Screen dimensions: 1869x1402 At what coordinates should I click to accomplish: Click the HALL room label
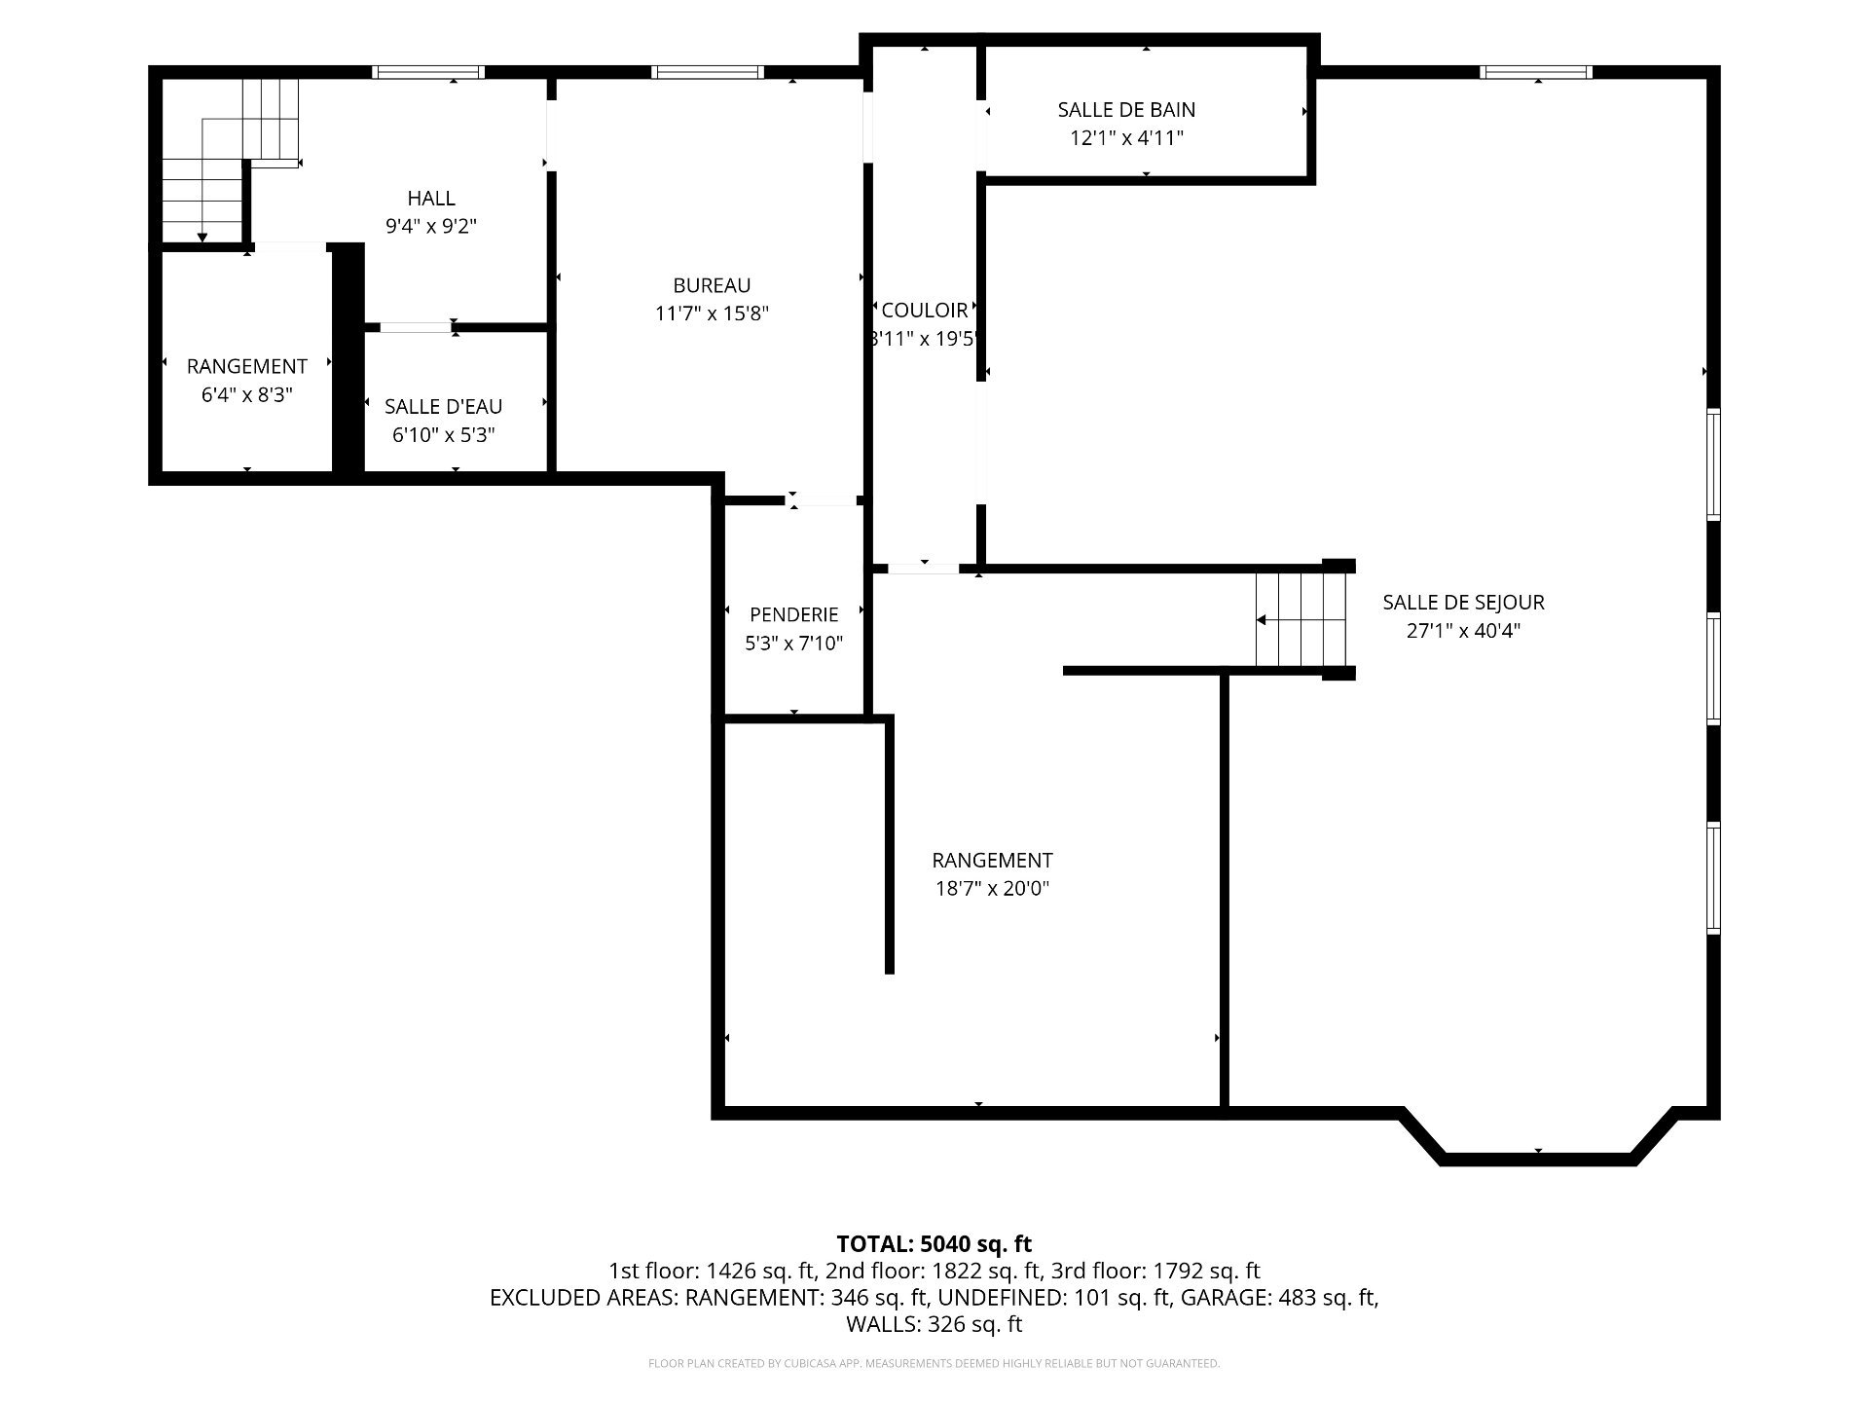tap(431, 198)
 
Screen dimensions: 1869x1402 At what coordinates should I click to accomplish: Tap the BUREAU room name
tap(712, 285)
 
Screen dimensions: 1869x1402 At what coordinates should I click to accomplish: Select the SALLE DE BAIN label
tap(1126, 110)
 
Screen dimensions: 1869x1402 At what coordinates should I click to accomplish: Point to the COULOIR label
tap(925, 310)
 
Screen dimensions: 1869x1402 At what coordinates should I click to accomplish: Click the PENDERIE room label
tap(793, 614)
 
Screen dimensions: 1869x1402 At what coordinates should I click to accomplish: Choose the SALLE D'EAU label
tap(443, 406)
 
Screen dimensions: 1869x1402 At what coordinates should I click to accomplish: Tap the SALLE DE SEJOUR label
tap(1463, 603)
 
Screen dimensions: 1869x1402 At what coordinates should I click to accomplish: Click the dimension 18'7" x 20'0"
tap(992, 888)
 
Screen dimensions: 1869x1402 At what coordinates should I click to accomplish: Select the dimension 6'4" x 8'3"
tap(247, 394)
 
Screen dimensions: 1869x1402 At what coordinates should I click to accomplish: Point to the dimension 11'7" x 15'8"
tap(712, 314)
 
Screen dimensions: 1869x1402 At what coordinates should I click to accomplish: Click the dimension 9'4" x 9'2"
tap(431, 226)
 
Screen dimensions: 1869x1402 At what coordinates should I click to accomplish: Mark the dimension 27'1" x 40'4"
tap(1463, 631)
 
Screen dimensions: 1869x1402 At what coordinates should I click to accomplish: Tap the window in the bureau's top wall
tap(708, 72)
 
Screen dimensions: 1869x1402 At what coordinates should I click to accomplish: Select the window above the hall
tap(428, 72)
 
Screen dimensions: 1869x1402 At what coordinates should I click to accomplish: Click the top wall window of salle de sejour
tap(1536, 72)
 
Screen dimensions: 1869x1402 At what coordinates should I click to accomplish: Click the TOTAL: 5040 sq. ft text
tap(934, 1243)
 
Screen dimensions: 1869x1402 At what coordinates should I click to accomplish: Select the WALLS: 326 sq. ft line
tap(934, 1323)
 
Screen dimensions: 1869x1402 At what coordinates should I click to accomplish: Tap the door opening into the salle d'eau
tap(415, 327)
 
